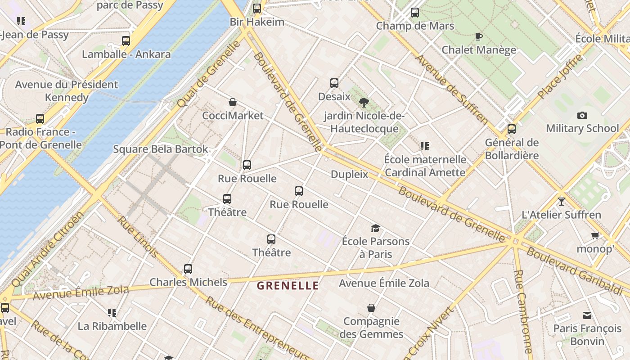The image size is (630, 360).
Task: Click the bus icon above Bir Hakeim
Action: (257, 8)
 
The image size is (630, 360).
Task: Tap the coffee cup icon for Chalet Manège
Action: (479, 36)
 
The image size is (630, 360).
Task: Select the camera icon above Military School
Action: (582, 115)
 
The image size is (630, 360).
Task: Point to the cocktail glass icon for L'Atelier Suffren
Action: (561, 201)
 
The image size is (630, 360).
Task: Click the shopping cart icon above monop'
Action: (595, 235)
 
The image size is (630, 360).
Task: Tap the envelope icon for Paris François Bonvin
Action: (587, 315)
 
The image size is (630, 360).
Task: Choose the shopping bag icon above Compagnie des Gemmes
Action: (371, 308)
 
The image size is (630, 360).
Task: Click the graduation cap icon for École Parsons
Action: (375, 228)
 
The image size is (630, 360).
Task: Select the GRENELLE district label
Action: (288, 286)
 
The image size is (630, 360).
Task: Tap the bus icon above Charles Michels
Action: (188, 269)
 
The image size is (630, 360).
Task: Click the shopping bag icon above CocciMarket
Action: (233, 102)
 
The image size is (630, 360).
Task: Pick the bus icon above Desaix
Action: (334, 83)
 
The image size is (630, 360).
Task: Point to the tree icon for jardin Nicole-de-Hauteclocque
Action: (364, 103)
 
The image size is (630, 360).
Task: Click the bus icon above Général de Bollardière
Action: (512, 129)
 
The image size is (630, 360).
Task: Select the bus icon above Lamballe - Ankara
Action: (126, 41)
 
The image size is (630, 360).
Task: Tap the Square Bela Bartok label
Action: (161, 149)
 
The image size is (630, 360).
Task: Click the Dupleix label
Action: (349, 174)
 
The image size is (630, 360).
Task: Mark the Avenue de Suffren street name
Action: (451, 89)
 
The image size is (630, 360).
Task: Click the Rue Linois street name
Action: (138, 237)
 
